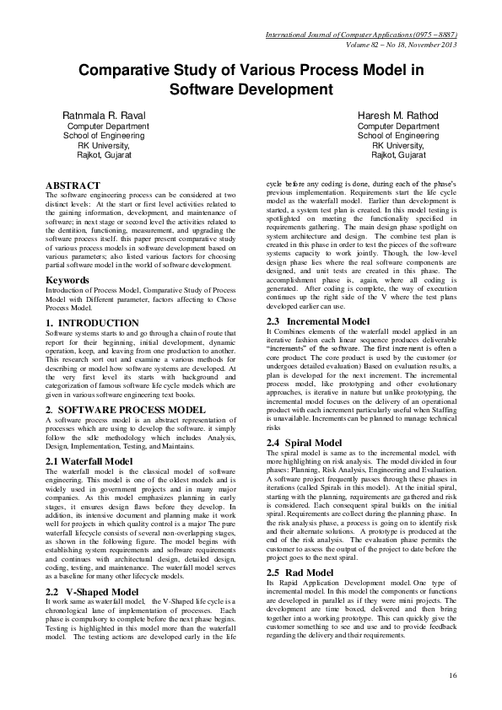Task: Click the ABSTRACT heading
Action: click(x=73, y=186)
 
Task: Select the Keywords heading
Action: click(x=67, y=256)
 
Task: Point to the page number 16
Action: click(x=452, y=675)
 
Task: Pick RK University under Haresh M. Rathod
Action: click(x=398, y=145)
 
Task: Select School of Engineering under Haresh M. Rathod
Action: click(x=398, y=135)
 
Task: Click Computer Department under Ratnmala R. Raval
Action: click(x=103, y=126)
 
